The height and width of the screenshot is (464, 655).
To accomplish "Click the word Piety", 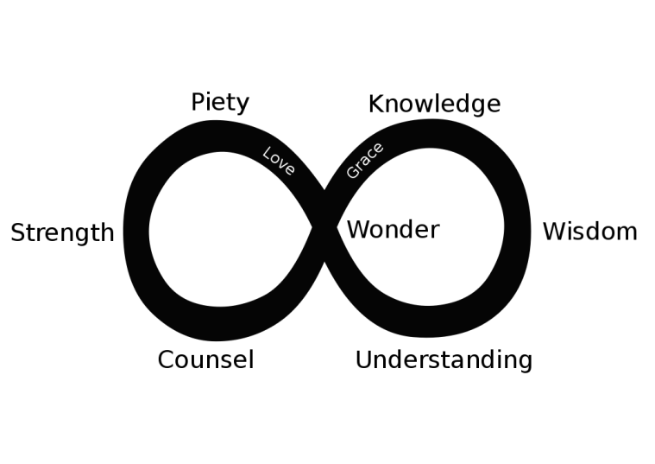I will tap(220, 103).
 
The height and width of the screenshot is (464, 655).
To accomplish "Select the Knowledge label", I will tap(434, 105).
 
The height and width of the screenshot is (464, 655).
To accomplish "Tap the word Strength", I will tap(62, 233).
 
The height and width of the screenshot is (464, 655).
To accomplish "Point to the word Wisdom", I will tap(589, 232).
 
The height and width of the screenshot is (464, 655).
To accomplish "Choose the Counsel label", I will tap(205, 359).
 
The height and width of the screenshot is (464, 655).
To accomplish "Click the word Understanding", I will tap(444, 360).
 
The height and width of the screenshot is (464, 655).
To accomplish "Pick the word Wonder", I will tap(393, 230).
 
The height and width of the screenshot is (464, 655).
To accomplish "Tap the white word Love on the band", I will tap(279, 161).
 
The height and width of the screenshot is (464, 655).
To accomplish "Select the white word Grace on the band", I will tap(364, 161).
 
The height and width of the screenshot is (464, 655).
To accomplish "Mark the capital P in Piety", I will tap(198, 103).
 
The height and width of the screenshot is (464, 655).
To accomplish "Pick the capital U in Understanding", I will tap(363, 359).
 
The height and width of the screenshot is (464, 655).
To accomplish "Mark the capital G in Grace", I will tap(352, 173).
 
